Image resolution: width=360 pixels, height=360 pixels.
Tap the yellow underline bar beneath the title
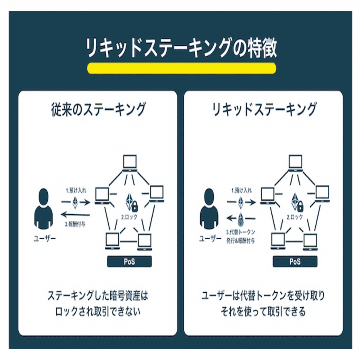(181, 68)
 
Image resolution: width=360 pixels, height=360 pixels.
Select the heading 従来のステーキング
(98, 109)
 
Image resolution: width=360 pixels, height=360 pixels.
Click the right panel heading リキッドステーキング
(264, 109)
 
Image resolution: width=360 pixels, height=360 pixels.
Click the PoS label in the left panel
(129, 262)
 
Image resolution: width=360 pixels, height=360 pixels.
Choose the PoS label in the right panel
(295, 262)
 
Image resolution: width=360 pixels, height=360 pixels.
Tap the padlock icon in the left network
(134, 207)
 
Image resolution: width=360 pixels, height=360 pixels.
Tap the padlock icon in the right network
(300, 207)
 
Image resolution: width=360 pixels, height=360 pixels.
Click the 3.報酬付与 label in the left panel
(75, 224)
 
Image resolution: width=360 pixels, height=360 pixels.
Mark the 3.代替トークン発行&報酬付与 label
(241, 236)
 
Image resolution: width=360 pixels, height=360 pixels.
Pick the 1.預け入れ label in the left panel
(75, 189)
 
